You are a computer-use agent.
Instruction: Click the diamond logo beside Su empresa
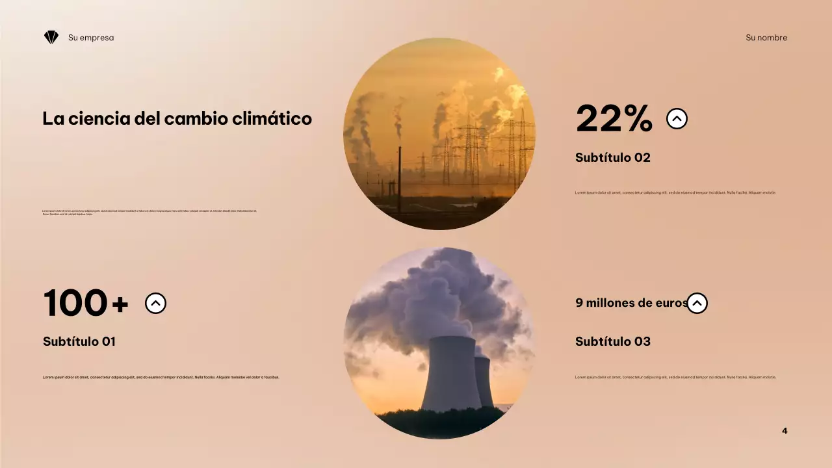[51, 38]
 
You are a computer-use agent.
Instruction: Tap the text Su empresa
[91, 38]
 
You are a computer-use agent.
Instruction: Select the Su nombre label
[766, 38]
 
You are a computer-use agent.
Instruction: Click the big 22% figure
[614, 119]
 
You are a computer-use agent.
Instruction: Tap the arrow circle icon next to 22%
[677, 119]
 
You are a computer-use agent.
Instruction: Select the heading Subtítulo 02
[612, 157]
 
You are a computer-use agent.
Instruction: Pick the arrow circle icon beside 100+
[155, 303]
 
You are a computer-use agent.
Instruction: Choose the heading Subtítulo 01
[79, 341]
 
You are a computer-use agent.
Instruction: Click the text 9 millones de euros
[630, 303]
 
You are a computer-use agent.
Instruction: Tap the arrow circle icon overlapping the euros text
[697, 303]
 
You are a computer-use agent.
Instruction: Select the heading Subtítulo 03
[612, 341]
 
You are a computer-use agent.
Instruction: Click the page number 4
[785, 431]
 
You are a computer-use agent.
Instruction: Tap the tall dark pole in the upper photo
[399, 182]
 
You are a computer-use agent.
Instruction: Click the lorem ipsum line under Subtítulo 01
[161, 377]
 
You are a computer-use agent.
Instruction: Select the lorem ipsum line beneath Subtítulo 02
[675, 193]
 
